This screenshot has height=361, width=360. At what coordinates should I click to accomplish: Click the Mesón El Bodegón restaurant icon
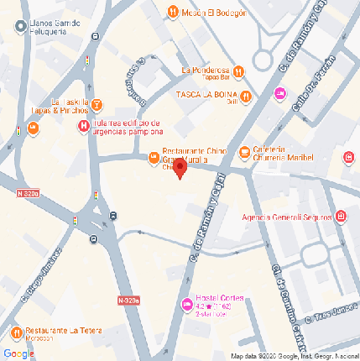pos(172,12)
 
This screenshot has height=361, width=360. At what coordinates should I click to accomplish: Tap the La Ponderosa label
pos(205,71)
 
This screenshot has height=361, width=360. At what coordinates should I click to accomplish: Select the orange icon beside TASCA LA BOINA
pos(246,95)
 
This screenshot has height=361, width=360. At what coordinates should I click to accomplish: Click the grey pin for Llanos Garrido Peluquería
pos(18,27)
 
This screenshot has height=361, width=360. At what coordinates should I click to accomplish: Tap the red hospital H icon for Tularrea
pos(83,126)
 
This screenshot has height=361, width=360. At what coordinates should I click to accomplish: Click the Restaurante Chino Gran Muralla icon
pos(153,157)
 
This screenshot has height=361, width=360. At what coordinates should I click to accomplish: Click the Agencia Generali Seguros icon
pos(341,216)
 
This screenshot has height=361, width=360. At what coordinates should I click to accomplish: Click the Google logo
pos(18,353)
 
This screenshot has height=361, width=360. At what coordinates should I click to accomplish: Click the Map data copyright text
pos(294,356)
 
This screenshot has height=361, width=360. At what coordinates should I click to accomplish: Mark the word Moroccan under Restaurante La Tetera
pos(38,338)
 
